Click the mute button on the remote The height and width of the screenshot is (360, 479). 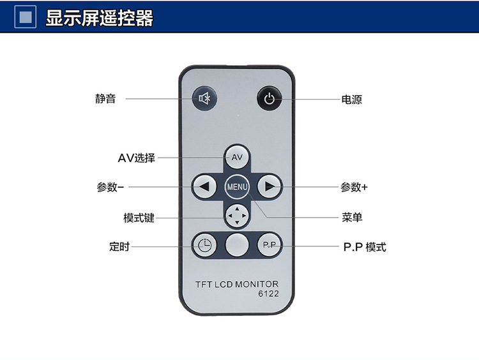pos(204,99)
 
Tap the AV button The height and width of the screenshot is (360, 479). pos(237,157)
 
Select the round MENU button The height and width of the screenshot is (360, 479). pos(237,187)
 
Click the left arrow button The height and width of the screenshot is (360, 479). pos(204,187)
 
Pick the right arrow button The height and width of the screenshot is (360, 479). pos(270,187)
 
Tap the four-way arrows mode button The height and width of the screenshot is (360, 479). pos(237,216)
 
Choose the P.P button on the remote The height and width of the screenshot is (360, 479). pos(269,244)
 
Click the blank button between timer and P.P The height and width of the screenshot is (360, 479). pos(237,244)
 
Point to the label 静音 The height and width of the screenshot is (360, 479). pos(105,99)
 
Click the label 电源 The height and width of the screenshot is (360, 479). pos(352,100)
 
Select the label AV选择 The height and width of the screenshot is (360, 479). pos(136,158)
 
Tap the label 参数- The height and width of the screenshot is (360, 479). pos(110,188)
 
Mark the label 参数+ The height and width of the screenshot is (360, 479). pos(354,188)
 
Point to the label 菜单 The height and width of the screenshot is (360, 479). pos(352,218)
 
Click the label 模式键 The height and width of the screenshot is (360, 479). pos(139,218)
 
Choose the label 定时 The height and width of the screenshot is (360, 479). pos(119,246)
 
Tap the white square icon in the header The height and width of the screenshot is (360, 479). pos(26,17)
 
